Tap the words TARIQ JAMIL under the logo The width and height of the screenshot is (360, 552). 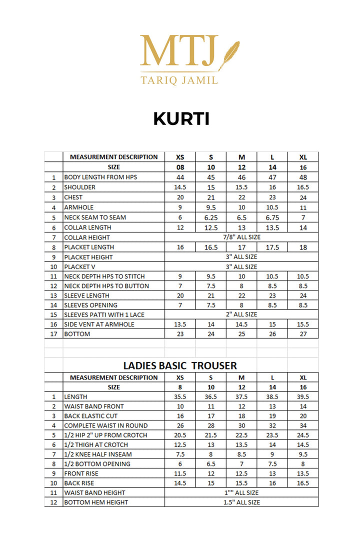(x=179, y=79)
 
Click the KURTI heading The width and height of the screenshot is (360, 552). (x=181, y=119)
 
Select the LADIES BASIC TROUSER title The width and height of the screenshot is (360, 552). (x=180, y=365)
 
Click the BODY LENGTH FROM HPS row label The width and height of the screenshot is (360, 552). (x=100, y=177)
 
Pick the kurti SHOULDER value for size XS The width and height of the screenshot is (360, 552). (x=180, y=187)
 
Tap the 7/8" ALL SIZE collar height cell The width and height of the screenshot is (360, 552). (x=241, y=237)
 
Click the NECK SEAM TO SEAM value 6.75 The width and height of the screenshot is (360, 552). (x=272, y=217)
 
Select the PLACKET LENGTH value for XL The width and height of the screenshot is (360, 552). (x=303, y=247)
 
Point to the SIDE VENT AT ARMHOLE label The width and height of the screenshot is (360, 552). (x=99, y=324)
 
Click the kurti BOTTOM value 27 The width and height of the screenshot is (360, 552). (x=303, y=334)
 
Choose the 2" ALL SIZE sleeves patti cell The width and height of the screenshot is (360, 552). (x=241, y=314)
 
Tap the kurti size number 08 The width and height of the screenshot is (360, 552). (x=180, y=167)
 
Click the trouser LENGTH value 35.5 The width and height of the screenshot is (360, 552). (x=180, y=396)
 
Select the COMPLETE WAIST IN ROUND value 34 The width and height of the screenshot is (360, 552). (x=303, y=425)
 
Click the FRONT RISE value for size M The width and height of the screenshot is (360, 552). (x=241, y=473)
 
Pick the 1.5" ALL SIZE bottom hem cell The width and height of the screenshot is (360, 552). (x=241, y=502)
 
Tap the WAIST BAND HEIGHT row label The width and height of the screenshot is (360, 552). (x=94, y=492)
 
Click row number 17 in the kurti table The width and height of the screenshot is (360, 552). (x=53, y=334)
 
